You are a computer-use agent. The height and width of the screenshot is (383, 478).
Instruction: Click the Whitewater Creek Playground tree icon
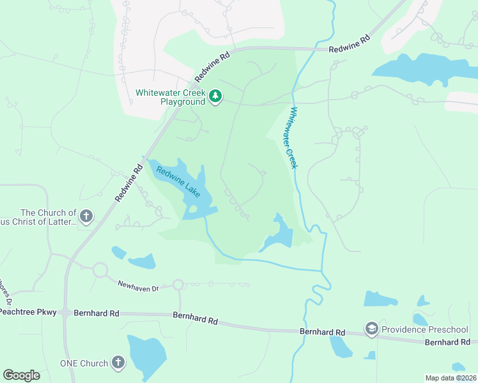coord(216,96)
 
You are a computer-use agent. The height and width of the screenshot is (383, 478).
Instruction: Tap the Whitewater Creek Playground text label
coord(171,97)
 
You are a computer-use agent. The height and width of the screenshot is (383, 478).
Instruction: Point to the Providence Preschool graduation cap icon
coord(371,329)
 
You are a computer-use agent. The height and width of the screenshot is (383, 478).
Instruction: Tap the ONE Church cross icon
coord(118,363)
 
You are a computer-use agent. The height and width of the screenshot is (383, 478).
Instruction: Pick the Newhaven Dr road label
coord(137,285)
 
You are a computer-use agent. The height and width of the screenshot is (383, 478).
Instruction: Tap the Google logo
coord(21,375)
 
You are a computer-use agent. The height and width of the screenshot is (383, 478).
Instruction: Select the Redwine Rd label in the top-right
coord(350,44)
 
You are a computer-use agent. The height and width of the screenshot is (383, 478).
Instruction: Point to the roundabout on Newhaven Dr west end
coord(100,269)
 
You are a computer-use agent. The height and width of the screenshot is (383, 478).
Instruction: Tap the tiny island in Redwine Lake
coord(192,209)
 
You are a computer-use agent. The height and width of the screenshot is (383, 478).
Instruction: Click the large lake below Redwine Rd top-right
coord(415,70)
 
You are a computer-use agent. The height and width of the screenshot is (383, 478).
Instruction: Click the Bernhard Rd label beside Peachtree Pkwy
coord(96,313)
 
